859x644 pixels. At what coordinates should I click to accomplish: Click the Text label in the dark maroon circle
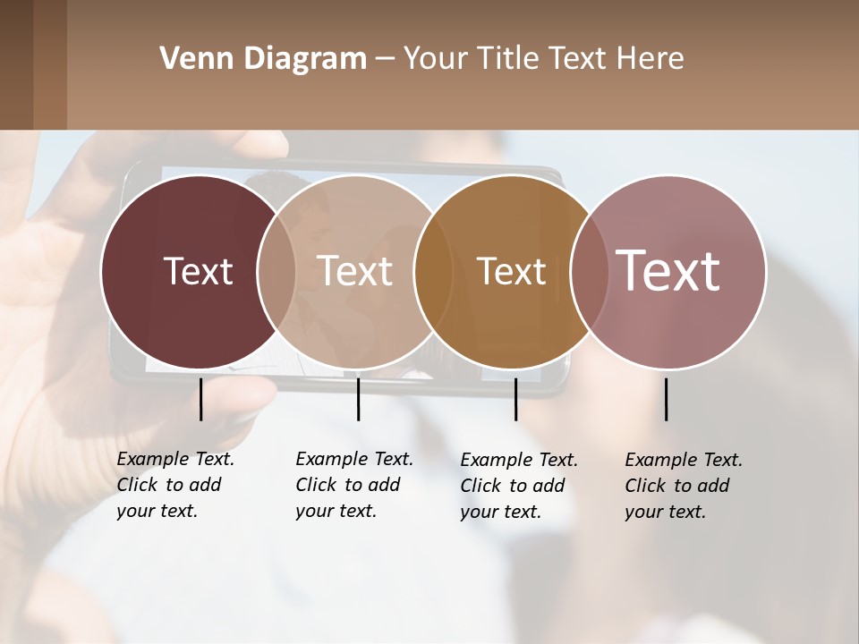click(198, 271)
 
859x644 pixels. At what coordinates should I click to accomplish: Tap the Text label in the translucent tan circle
click(355, 271)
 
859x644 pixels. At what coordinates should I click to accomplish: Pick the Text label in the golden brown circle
click(511, 271)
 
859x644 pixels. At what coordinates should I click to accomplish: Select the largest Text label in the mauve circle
click(668, 271)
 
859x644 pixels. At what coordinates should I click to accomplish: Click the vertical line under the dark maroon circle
click(200, 399)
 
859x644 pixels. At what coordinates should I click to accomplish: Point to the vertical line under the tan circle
click(358, 399)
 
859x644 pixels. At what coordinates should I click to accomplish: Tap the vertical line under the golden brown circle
click(515, 399)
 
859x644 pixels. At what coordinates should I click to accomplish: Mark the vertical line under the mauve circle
click(666, 399)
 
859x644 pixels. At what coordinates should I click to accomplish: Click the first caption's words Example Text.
click(175, 459)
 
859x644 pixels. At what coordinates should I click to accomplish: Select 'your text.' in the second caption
click(336, 511)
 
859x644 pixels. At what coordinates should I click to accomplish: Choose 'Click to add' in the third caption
click(513, 486)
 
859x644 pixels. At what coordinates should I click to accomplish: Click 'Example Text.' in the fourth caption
click(684, 460)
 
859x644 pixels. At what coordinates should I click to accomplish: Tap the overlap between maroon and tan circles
click(276, 271)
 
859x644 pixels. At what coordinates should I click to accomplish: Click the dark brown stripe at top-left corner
click(16, 64)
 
